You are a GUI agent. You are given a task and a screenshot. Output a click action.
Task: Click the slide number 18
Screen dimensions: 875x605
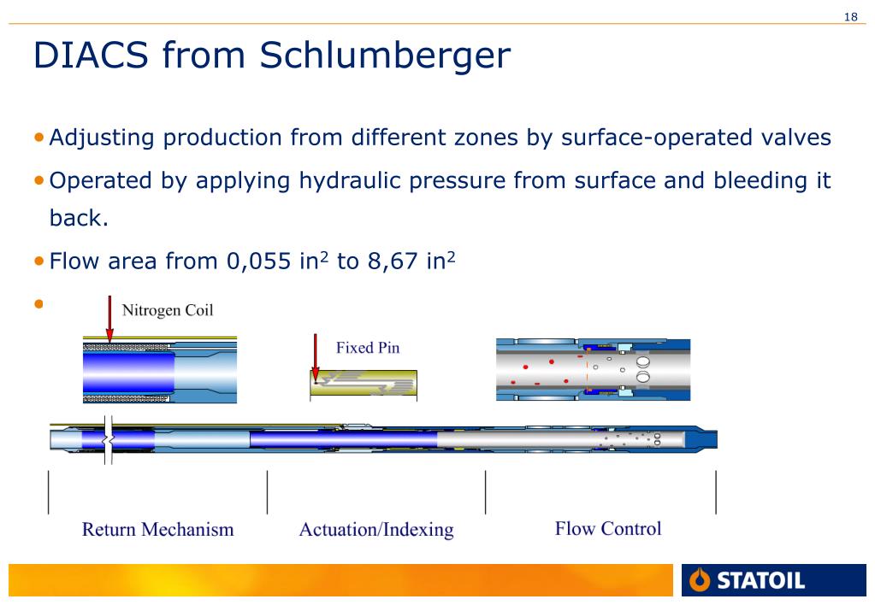pyautogui.click(x=850, y=17)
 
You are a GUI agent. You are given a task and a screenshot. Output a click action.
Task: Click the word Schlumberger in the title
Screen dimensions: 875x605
pyautogui.click(x=385, y=56)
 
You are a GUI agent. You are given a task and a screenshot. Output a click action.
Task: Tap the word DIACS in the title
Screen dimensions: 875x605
pyautogui.click(x=91, y=55)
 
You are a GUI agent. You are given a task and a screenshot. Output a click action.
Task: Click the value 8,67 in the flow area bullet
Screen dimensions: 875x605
pyautogui.click(x=393, y=261)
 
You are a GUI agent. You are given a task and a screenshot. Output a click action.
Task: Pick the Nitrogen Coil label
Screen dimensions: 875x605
pyautogui.click(x=168, y=310)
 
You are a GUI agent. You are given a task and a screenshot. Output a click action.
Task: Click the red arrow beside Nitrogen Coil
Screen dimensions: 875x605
pyautogui.click(x=109, y=319)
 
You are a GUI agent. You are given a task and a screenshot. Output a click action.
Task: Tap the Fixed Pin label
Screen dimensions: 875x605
pyautogui.click(x=368, y=348)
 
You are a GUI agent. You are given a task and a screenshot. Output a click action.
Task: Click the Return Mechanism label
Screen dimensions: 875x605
pyautogui.click(x=158, y=529)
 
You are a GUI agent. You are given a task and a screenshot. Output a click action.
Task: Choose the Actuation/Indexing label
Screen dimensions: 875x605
pyautogui.click(x=376, y=530)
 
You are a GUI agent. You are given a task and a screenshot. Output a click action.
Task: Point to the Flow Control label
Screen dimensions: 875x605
pyautogui.click(x=608, y=528)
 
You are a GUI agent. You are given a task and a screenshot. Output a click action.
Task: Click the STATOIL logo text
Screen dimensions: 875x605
pyautogui.click(x=760, y=580)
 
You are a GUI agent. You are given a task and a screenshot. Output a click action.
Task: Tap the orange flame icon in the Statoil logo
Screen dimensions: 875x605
pyautogui.click(x=700, y=580)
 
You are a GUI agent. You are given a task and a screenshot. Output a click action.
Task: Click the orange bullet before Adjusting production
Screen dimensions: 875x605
pyautogui.click(x=38, y=138)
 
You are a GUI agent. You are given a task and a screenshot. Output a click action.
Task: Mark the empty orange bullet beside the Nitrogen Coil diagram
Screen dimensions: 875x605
pyautogui.click(x=38, y=304)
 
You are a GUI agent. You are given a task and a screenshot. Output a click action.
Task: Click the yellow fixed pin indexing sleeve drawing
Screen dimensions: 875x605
pyautogui.click(x=364, y=383)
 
